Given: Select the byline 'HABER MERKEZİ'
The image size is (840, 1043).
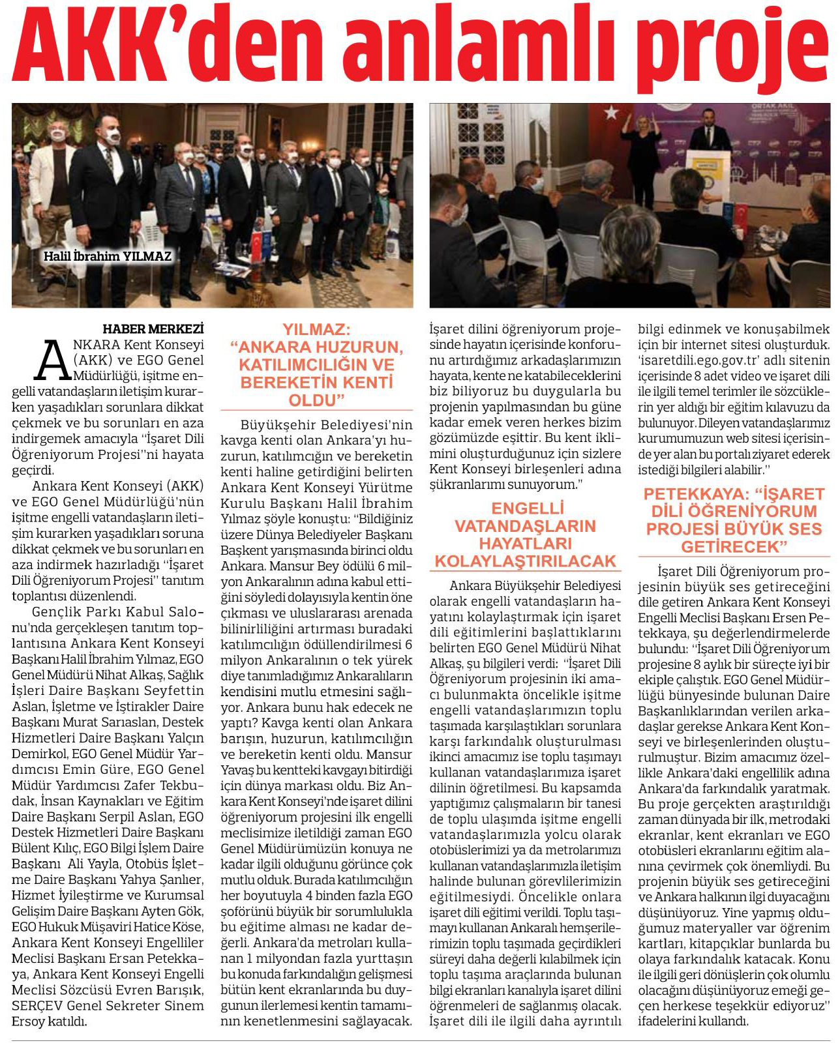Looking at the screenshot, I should pos(153,329).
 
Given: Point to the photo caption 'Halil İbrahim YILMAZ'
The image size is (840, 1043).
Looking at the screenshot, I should pos(107,256).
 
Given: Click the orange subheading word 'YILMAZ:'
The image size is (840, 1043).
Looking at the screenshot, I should pos(316,330).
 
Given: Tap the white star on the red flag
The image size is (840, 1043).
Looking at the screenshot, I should pos(610,113).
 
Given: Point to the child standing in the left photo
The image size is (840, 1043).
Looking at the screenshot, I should pos(380,209).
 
